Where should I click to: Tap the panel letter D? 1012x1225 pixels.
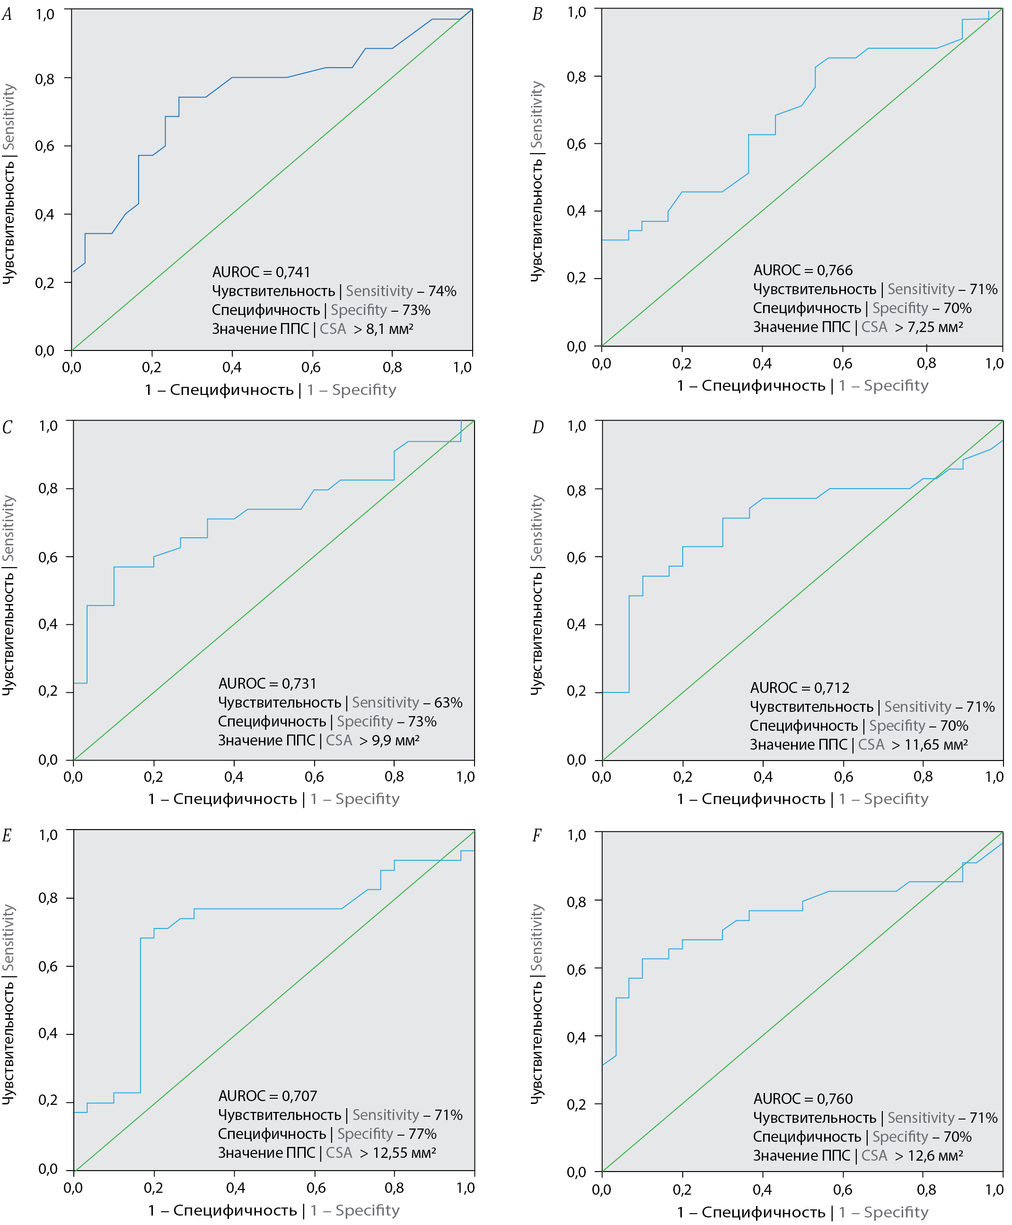click(537, 427)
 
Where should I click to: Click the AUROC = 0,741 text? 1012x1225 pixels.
click(261, 272)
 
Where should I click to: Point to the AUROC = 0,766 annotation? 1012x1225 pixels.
click(803, 271)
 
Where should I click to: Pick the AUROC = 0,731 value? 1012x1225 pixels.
click(268, 683)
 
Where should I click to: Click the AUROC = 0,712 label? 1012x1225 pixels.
click(799, 688)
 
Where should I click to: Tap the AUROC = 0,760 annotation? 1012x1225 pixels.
click(803, 1099)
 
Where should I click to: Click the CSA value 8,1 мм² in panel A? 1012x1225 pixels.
click(389, 329)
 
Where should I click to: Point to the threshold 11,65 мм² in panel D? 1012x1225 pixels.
click(936, 745)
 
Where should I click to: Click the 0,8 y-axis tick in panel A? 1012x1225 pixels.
click(45, 79)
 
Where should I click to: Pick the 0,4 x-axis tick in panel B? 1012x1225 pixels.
click(762, 364)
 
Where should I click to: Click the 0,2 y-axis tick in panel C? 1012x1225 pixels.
click(48, 692)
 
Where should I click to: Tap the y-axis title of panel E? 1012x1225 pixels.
click(8, 1004)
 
